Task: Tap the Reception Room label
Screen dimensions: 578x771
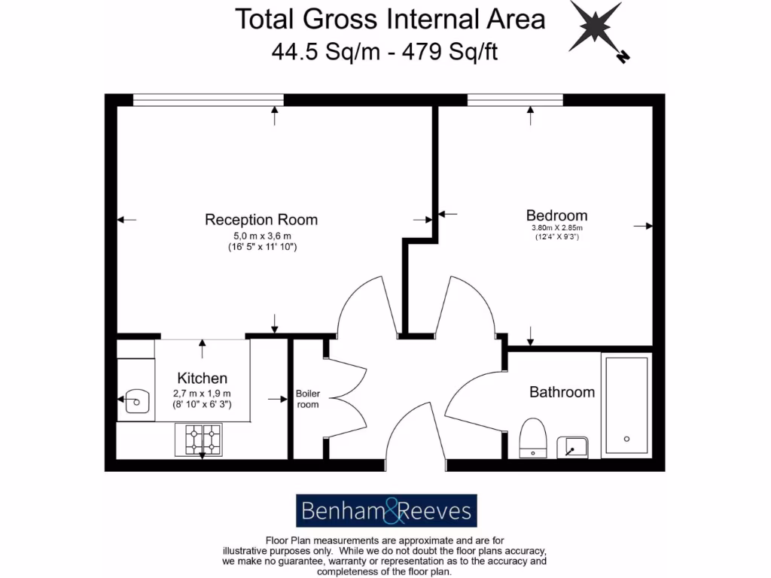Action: (x=261, y=220)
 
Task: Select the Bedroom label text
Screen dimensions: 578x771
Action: (x=556, y=215)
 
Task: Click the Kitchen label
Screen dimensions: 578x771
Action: (x=202, y=378)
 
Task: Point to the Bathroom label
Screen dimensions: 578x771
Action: (x=562, y=392)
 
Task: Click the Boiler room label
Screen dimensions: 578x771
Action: (x=307, y=399)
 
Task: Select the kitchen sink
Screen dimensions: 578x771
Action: (x=136, y=399)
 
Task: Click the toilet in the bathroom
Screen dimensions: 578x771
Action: (x=532, y=437)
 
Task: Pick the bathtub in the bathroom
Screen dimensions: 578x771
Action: (x=626, y=405)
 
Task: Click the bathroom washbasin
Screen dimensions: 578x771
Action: (x=572, y=446)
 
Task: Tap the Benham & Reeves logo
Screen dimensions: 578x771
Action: (x=386, y=512)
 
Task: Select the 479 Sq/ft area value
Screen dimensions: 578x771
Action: (x=451, y=53)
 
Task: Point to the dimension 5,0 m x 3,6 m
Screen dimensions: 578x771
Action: (x=261, y=236)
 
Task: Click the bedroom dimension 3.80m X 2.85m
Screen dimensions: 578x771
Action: (x=556, y=228)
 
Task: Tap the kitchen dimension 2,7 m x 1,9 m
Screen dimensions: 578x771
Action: (x=202, y=394)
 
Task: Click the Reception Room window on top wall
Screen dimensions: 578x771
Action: (x=209, y=100)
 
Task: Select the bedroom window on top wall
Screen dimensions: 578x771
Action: (x=515, y=100)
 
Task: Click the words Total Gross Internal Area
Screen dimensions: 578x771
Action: (x=390, y=19)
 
